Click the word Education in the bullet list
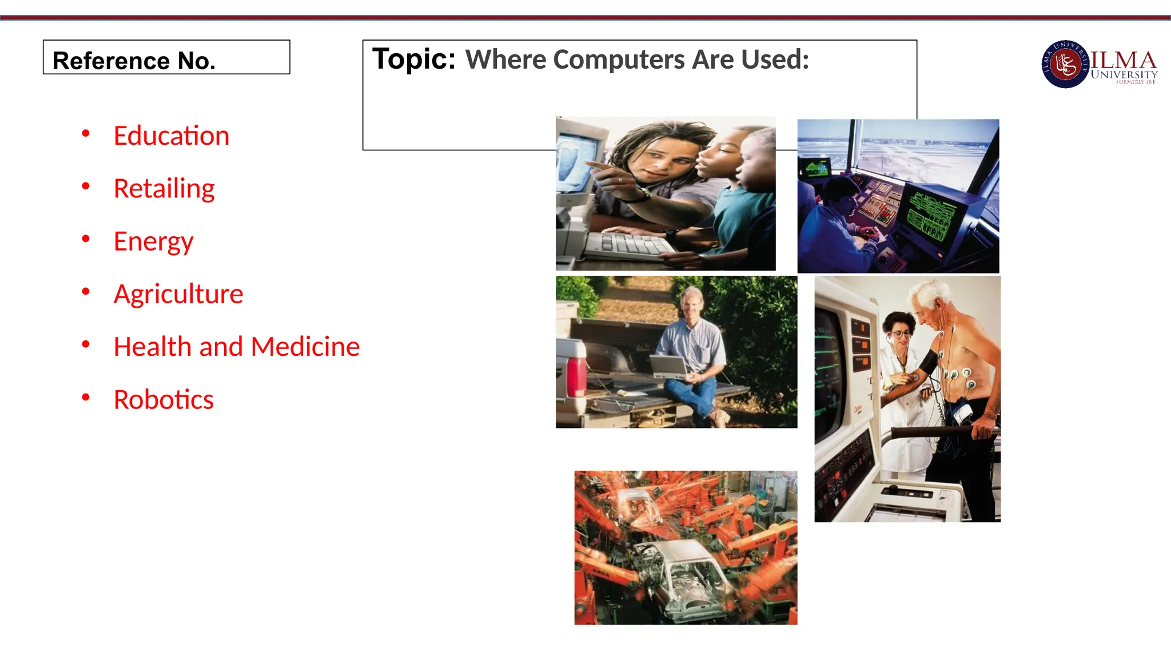click(x=171, y=136)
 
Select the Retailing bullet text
click(x=164, y=189)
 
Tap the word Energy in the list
click(x=153, y=242)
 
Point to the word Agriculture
click(x=178, y=294)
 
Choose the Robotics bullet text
click(x=164, y=399)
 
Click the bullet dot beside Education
click(x=86, y=134)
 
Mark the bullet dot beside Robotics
click(x=86, y=397)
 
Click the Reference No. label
click(x=134, y=61)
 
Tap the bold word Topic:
click(x=414, y=59)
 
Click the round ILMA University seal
click(x=1065, y=64)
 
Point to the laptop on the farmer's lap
click(x=670, y=367)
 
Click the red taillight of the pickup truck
click(x=576, y=375)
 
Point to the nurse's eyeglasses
click(x=899, y=333)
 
